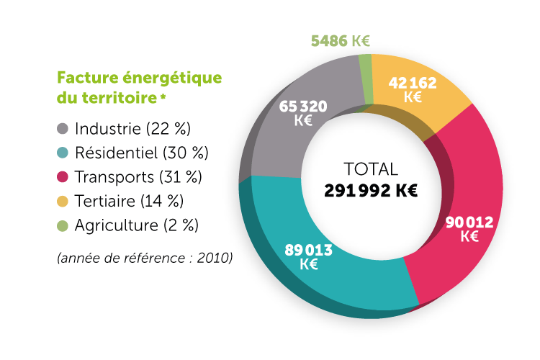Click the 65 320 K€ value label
coord(302,114)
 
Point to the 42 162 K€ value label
coord(413,89)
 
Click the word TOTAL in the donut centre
coord(371,170)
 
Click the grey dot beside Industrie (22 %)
coord(63,129)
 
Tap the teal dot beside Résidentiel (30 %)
coord(63,153)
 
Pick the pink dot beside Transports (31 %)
coord(63,176)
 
